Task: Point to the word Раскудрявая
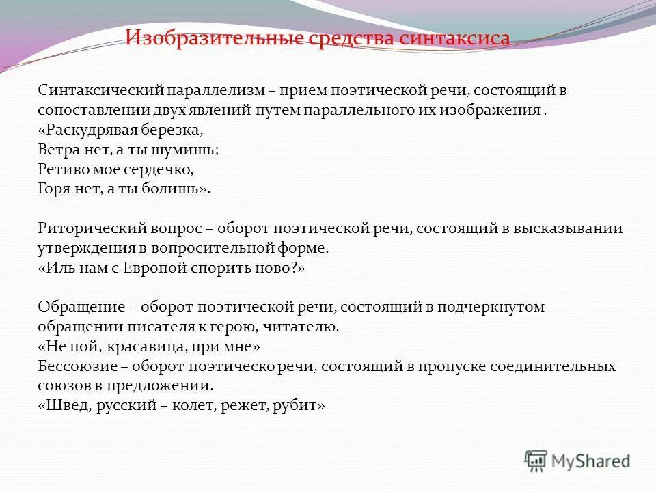pos(94,129)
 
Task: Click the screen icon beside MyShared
pos(536,461)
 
